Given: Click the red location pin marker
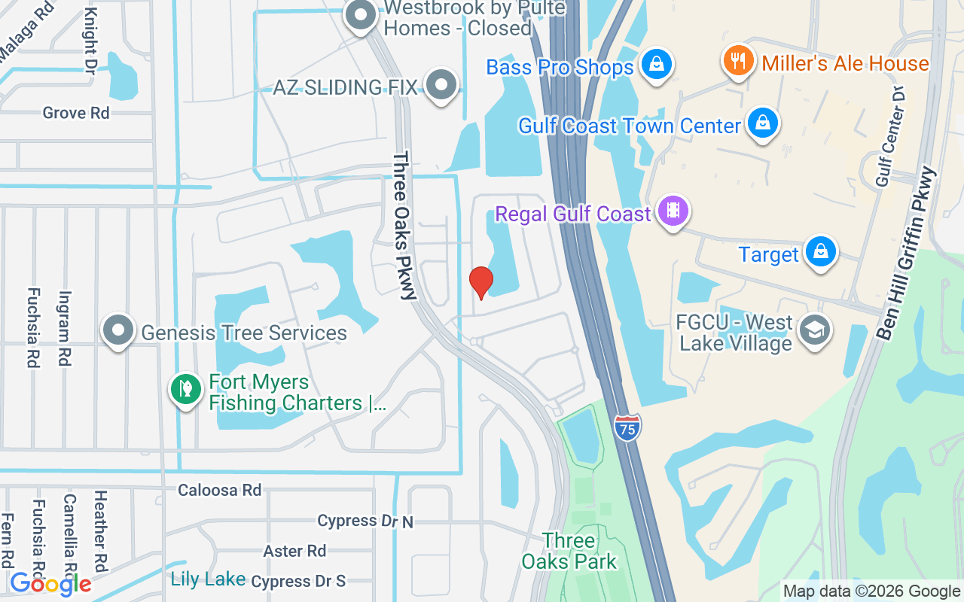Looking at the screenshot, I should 480,281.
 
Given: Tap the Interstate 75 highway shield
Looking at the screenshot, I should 626,427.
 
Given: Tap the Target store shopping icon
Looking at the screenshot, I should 820,252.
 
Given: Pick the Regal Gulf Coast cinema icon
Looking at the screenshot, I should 673,211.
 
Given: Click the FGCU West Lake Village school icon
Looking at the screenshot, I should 813,330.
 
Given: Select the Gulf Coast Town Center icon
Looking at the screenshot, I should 763,123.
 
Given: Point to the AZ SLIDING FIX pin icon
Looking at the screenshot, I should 441,86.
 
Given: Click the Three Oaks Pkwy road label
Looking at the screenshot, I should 404,226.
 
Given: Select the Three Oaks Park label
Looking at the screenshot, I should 569,551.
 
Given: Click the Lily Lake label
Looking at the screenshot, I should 208,579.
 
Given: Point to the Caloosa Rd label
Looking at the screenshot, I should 219,490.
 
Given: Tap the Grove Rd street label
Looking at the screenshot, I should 76,113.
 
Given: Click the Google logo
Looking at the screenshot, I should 50,583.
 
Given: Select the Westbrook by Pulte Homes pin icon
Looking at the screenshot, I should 361,16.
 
